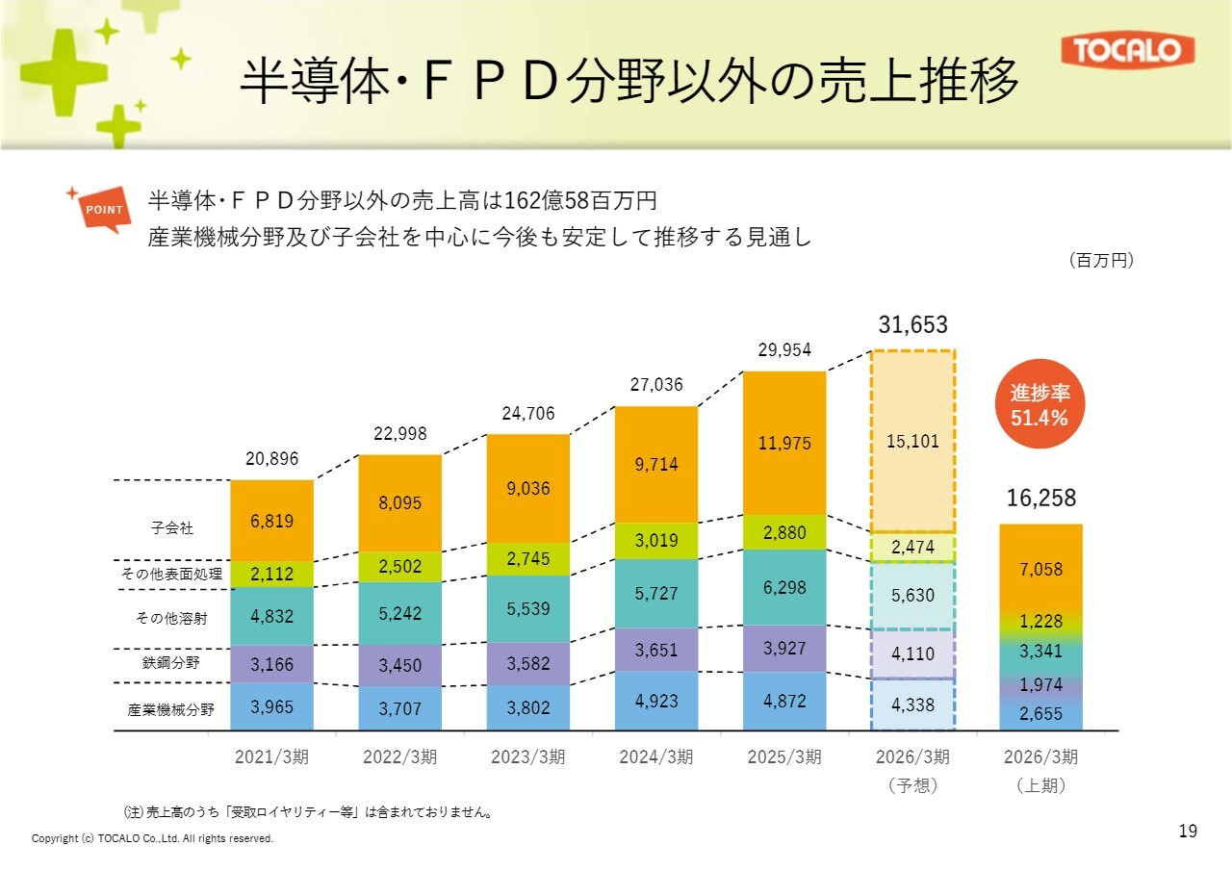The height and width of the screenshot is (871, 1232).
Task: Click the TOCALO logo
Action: (1127, 50)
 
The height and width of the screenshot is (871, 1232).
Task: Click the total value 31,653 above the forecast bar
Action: (912, 324)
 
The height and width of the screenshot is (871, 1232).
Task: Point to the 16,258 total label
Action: (1041, 499)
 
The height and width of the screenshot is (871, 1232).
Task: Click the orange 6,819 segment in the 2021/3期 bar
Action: (271, 521)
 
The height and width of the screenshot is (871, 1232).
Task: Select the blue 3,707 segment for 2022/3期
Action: (399, 708)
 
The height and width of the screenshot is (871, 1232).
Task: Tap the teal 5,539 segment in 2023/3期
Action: (527, 608)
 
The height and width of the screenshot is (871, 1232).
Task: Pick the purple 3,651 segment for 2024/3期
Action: (656, 650)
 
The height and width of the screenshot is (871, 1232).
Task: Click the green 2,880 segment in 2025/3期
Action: (784, 531)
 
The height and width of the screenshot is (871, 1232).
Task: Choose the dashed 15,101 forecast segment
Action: (912, 441)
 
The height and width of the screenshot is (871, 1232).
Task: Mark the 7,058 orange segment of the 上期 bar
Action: (1041, 568)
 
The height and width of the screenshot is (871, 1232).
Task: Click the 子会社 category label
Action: (172, 527)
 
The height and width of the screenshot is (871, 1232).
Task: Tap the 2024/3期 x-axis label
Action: (656, 756)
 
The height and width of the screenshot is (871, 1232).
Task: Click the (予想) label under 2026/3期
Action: (912, 785)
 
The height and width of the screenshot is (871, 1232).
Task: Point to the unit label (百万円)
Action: (1101, 260)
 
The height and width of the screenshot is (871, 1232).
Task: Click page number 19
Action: (1188, 831)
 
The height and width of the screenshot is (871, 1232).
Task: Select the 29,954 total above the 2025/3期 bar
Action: (784, 351)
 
